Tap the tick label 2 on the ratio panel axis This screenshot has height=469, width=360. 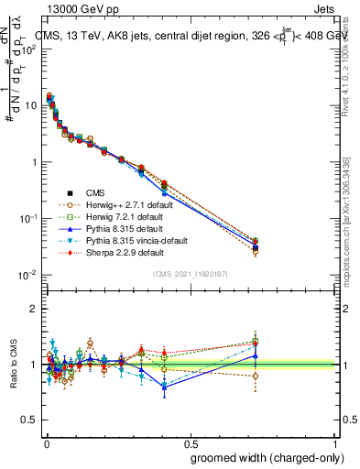coord(34,309)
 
